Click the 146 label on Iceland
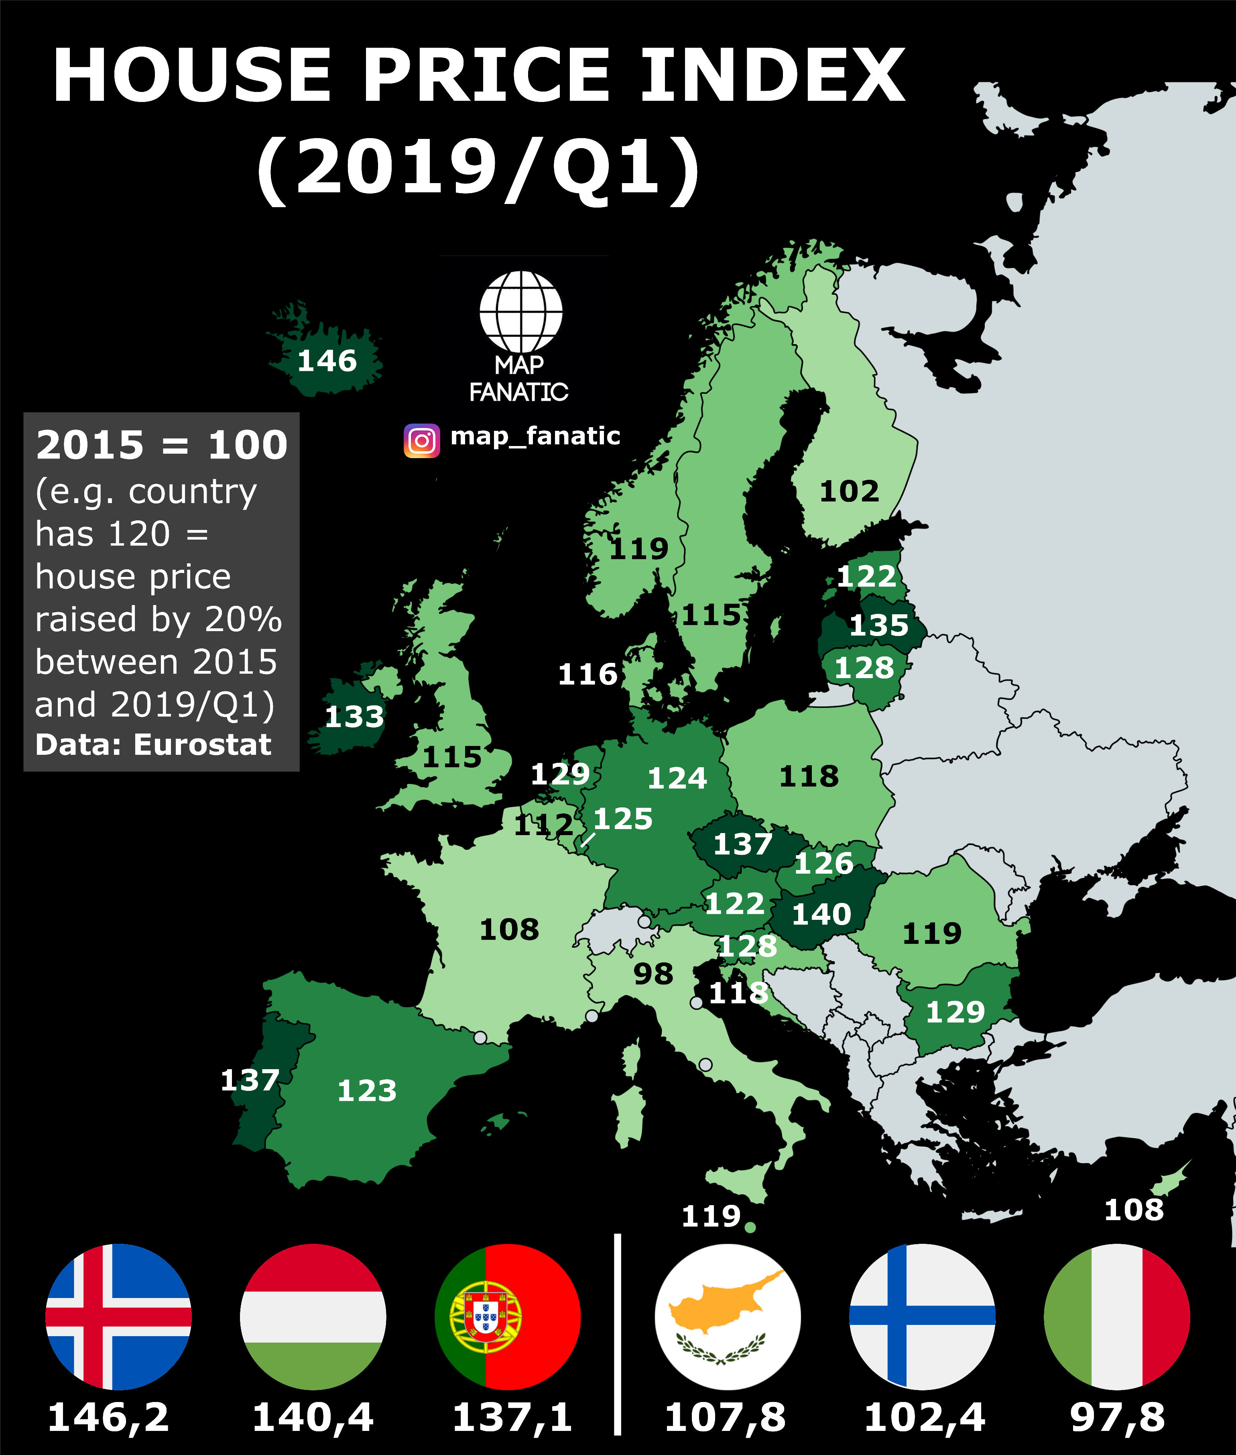[x=327, y=361]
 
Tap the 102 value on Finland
[x=849, y=491]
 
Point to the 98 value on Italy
[x=653, y=974]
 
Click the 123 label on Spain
[x=367, y=1090]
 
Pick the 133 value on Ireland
[x=354, y=716]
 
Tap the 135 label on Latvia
[x=879, y=625]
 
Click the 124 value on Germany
[x=677, y=778]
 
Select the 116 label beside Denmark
[x=587, y=674]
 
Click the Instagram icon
[x=422, y=441]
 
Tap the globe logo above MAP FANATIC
[x=520, y=311]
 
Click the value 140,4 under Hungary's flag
[x=313, y=1417]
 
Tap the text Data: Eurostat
[x=153, y=744]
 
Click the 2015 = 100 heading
[x=162, y=445]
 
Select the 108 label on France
[x=509, y=929]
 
